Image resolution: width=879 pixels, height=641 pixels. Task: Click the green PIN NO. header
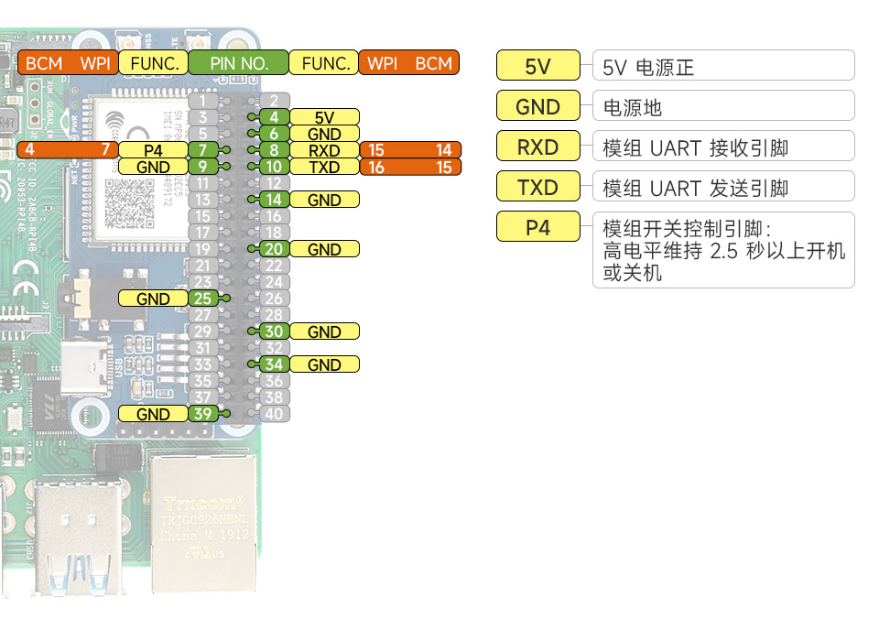(238, 63)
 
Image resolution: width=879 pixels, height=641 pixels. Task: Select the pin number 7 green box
(203, 150)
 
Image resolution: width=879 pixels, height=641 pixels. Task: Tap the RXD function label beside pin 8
(324, 150)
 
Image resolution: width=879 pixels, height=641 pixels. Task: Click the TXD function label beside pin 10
(324, 167)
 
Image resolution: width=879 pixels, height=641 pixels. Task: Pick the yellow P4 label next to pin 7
(153, 150)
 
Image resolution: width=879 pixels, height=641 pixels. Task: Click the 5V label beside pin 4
(324, 117)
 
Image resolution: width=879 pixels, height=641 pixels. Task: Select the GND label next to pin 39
(153, 414)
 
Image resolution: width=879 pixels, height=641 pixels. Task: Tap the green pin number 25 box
(203, 299)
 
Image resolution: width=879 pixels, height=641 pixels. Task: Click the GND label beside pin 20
(324, 249)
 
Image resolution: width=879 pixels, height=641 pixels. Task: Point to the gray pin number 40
(273, 414)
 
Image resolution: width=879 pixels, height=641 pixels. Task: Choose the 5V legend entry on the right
(537, 66)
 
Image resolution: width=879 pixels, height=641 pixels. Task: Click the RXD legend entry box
(537, 147)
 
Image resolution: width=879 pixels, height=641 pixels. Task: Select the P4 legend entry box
(537, 227)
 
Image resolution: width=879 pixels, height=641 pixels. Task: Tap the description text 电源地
(632, 107)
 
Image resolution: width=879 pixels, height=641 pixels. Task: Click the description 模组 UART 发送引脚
(696, 188)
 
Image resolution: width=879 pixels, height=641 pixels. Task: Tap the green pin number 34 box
(273, 364)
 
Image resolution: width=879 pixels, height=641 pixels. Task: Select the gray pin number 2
(273, 101)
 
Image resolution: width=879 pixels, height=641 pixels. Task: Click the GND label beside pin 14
(324, 200)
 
